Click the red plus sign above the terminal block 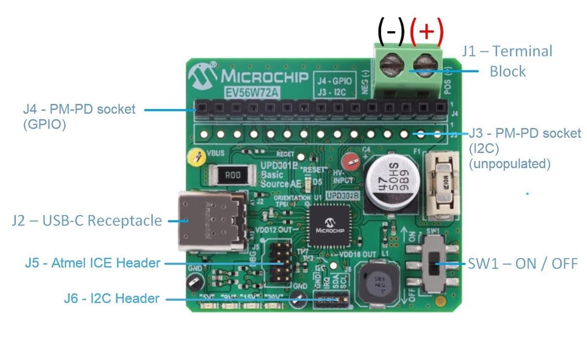pyautogui.click(x=427, y=30)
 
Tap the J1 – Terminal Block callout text pyautogui.click(x=507, y=61)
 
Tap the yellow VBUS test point pyautogui.click(x=196, y=157)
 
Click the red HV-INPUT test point pyautogui.click(x=349, y=161)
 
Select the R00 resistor pyautogui.click(x=232, y=175)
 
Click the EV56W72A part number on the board pyautogui.click(x=252, y=92)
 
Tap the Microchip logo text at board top pyautogui.click(x=264, y=77)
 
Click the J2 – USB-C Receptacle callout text pyautogui.click(x=87, y=221)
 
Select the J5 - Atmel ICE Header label pyautogui.click(x=92, y=263)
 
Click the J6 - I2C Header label pyautogui.click(x=112, y=298)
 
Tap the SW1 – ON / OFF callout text pyautogui.click(x=522, y=264)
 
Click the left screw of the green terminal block pyautogui.click(x=390, y=64)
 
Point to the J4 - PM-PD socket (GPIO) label pyautogui.click(x=79, y=116)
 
